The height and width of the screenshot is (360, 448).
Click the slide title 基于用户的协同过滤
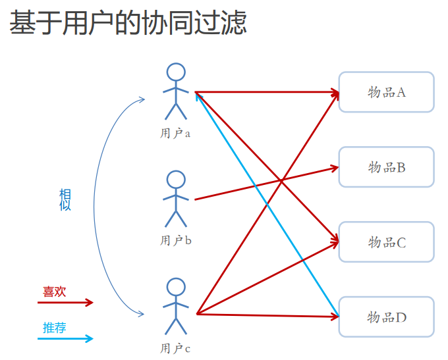(128, 23)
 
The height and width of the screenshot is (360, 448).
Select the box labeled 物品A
(386, 92)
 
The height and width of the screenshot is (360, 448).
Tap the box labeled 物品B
(386, 167)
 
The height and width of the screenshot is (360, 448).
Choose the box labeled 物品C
(386, 242)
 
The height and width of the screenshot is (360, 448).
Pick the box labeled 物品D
(386, 317)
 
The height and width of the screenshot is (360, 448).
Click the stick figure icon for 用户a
(176, 92)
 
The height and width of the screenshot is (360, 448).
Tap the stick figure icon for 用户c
(176, 307)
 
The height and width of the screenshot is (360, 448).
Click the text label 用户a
(175, 134)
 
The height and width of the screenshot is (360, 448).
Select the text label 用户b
(176, 241)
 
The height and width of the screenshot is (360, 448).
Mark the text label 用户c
(175, 348)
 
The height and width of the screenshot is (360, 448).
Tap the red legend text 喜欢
(54, 292)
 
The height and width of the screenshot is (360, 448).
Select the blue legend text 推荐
(54, 328)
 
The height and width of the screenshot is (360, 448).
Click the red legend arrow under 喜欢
(65, 303)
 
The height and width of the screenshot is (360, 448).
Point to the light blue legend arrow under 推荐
(65, 339)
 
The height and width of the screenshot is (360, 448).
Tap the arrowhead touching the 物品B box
(335, 168)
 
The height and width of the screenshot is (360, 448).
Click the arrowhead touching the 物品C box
(334, 242)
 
